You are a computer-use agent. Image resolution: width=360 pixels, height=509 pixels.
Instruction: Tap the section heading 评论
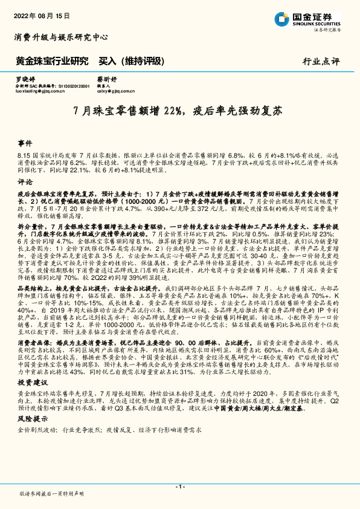[25, 181]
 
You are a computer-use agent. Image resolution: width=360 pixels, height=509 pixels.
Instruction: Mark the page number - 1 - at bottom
[179, 487]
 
